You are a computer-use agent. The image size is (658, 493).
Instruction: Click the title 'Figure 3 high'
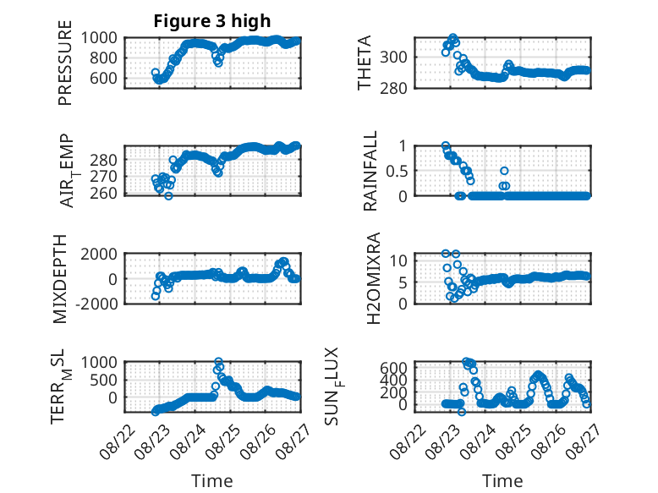[x=212, y=21]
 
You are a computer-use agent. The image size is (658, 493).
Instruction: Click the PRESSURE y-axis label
[x=65, y=63]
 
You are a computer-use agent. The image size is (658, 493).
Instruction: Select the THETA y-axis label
[x=365, y=63]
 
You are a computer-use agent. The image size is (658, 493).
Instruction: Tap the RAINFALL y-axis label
[x=370, y=170]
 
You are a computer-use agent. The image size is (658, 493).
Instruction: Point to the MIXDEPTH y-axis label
[x=60, y=279]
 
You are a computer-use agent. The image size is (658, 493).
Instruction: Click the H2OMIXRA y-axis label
[x=373, y=278]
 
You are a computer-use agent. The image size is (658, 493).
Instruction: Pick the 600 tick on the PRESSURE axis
[x=103, y=78]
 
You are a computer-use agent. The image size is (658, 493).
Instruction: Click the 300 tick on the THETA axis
[x=393, y=57]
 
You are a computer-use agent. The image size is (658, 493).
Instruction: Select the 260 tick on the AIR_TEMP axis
[x=103, y=194]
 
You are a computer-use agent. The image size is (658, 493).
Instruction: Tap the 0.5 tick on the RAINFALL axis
[x=397, y=171]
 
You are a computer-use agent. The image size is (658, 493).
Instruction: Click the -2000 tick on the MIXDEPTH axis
[x=96, y=304]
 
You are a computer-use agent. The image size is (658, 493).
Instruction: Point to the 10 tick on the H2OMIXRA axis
[x=398, y=261]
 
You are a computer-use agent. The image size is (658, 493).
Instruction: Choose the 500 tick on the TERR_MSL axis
[x=103, y=380]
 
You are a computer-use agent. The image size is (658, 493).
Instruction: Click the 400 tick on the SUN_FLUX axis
[x=393, y=381]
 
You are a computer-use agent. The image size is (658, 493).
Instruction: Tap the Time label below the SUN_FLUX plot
[x=502, y=481]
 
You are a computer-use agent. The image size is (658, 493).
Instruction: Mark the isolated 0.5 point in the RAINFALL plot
[x=504, y=171]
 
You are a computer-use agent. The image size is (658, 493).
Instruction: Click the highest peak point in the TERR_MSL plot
[x=218, y=361]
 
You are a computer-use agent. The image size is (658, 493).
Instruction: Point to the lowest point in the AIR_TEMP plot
[x=168, y=195]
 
